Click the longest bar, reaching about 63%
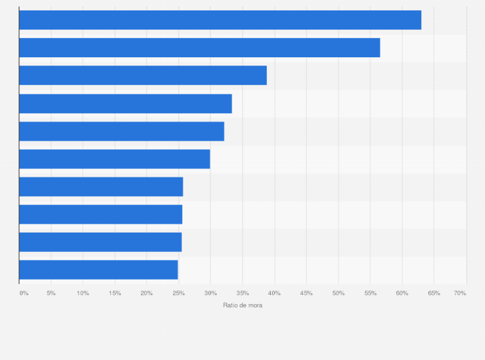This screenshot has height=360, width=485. coord(220,20)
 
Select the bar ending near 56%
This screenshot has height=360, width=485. coord(199,48)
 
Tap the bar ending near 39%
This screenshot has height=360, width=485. coord(143,75)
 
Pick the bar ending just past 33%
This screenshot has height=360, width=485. coord(125,104)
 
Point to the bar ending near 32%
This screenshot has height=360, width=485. coord(122,131)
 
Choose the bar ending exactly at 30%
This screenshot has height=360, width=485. coord(114,159)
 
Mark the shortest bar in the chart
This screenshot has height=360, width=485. coord(98,269)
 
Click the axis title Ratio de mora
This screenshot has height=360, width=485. coord(243,305)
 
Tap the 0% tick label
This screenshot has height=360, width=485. coord(24,293)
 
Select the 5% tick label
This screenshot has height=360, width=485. coord(51,293)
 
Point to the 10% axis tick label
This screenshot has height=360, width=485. coord(83,293)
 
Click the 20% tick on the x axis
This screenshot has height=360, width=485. coord(147,293)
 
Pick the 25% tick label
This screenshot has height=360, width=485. coord(179,293)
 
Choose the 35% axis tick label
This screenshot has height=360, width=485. coord(243,293)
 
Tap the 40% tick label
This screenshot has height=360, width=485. coord(275,293)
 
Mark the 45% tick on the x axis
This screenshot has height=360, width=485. coord(306,293)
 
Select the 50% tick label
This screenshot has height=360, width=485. coord(338,293)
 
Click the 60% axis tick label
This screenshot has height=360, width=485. coord(402,293)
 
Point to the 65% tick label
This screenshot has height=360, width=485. coord(434,293)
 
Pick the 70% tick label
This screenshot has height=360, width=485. coord(460,293)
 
